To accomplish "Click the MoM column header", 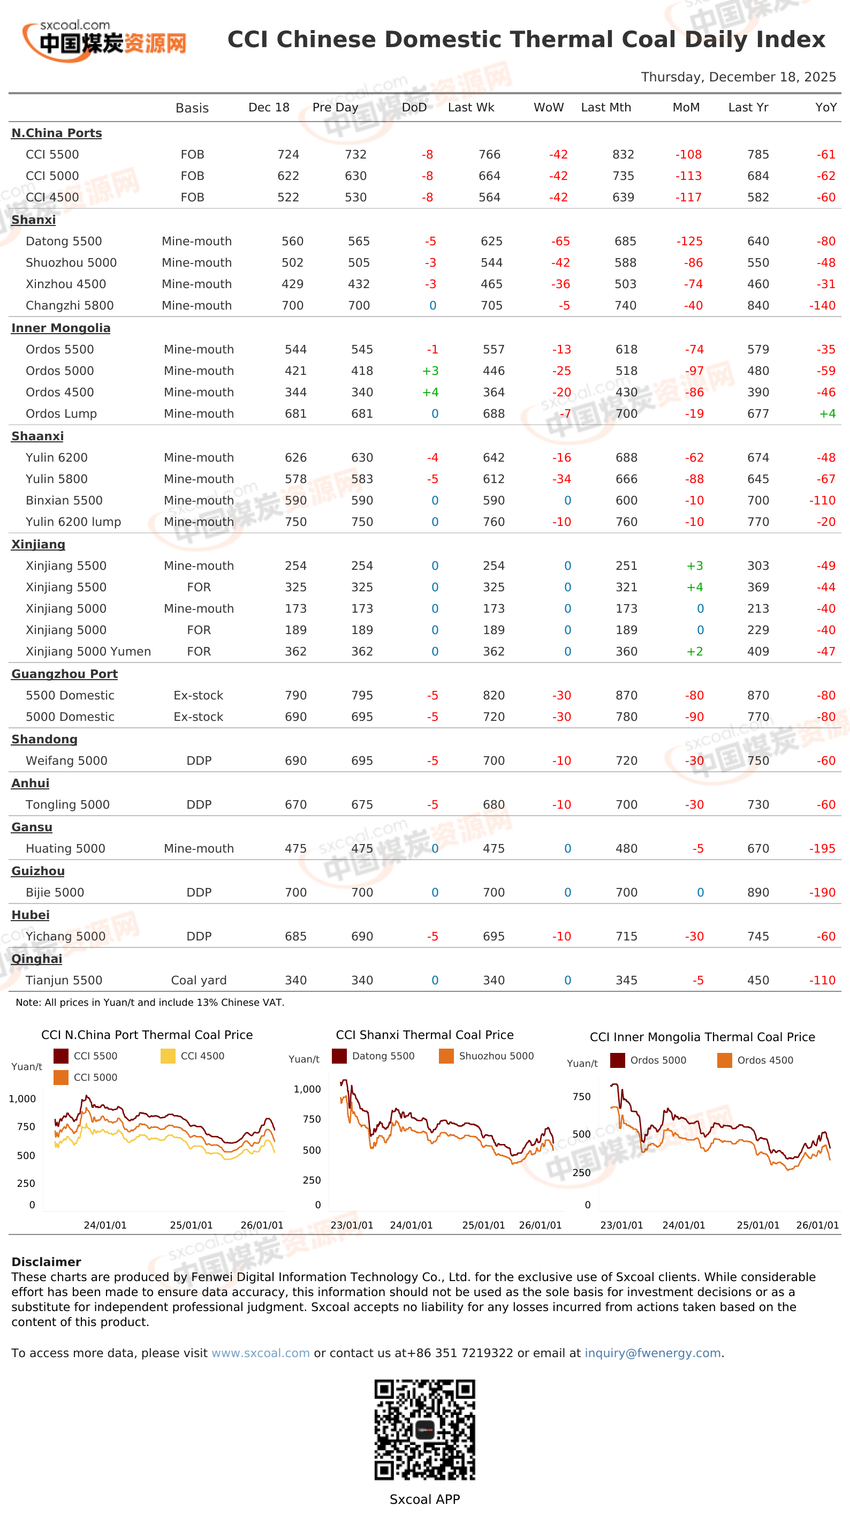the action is [686, 108].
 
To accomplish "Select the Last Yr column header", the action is [748, 108].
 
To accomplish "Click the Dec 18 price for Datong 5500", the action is [292, 241].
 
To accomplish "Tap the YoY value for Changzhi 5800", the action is [822, 305].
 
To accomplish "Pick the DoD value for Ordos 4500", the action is [430, 392].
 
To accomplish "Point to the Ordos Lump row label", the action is [62, 413].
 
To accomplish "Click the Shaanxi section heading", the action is [37, 436].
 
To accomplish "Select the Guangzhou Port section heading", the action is [64, 674].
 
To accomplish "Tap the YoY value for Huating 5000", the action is [822, 848].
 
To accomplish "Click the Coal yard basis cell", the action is [199, 980].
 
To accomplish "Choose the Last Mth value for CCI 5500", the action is [624, 154].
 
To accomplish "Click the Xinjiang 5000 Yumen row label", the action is [88, 651].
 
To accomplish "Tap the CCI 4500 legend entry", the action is [193, 1056].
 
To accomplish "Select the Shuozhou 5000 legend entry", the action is [487, 1056].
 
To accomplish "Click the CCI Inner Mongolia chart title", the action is [702, 1037].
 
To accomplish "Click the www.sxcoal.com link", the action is [260, 1353].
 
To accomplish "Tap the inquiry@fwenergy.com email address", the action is [653, 1353].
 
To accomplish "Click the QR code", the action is [425, 1429].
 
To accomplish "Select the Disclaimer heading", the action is [46, 1262].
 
